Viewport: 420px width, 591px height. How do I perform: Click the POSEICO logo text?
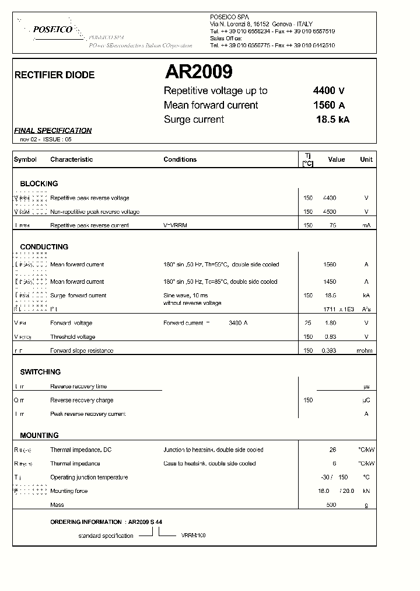(x=52, y=29)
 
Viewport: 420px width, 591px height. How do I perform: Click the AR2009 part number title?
(x=198, y=72)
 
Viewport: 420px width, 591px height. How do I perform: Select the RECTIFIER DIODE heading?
(x=54, y=75)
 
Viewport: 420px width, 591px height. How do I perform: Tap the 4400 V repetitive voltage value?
(x=329, y=91)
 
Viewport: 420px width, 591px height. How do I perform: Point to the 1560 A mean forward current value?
(x=329, y=105)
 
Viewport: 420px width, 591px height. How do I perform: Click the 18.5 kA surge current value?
(x=332, y=120)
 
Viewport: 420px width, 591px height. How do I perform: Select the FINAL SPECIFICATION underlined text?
(x=52, y=131)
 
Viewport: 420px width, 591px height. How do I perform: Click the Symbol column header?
(x=25, y=159)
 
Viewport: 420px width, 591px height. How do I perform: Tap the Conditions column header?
(x=180, y=159)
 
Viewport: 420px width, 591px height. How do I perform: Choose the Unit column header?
(x=366, y=159)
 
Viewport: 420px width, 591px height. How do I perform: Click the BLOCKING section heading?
(x=39, y=183)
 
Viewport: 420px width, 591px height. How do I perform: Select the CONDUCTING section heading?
(x=44, y=247)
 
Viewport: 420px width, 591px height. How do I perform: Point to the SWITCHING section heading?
(x=40, y=372)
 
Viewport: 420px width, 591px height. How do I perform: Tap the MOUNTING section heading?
(x=39, y=436)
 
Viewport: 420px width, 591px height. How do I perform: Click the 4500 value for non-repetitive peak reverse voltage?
(x=329, y=212)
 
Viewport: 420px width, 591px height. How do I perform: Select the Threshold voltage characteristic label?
(x=73, y=337)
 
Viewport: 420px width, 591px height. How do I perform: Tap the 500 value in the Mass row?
(x=331, y=505)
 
